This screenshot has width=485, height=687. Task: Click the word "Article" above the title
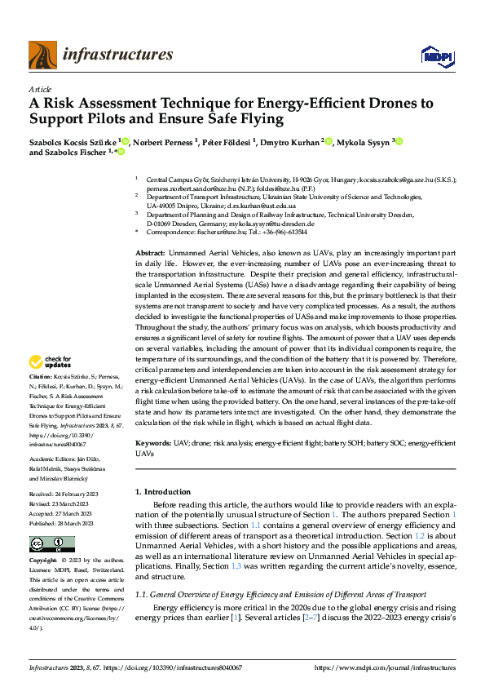[39, 89]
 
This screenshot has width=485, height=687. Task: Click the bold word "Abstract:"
[151, 254]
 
